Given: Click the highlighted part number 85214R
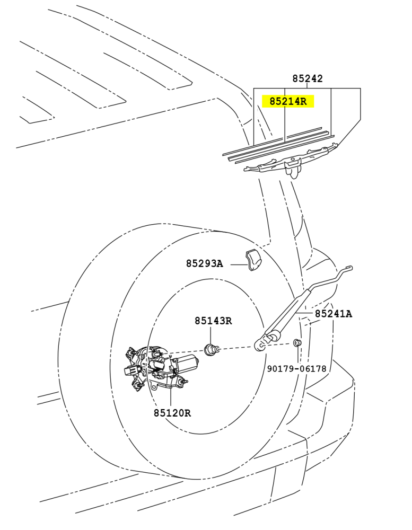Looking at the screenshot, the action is tap(288, 101).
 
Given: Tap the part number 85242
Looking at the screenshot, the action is tap(308, 78).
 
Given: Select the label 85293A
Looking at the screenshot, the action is tap(204, 263).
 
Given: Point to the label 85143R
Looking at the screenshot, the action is tap(213, 321).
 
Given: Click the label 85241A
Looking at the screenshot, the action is tap(334, 314).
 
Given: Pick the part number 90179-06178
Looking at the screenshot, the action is tap(296, 368).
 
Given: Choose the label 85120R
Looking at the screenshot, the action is tap(172, 413).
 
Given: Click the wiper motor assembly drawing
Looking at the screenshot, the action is tap(159, 368).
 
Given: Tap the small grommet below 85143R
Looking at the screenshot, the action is tap(212, 349).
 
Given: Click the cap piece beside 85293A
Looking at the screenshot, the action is tap(253, 260).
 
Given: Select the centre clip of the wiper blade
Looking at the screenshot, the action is tap(293, 166).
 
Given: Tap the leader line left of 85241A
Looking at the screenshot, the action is tap(304, 313).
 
